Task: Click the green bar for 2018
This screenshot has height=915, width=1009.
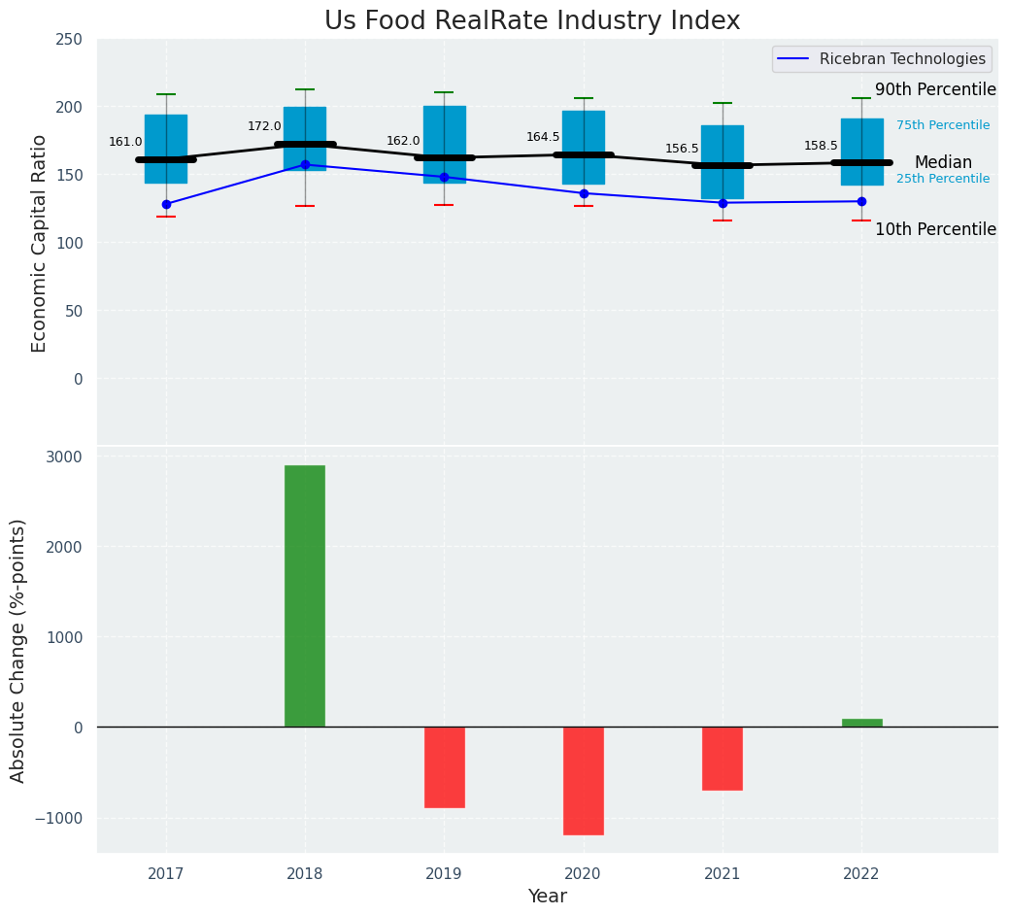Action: pos(305,595)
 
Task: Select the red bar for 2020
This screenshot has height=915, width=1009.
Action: pos(584,780)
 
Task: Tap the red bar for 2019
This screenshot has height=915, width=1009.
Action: pos(445,766)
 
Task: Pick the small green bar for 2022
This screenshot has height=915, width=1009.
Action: pos(862,723)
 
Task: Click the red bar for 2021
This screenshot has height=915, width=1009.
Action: pos(723,758)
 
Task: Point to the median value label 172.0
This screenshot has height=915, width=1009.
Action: pos(264,126)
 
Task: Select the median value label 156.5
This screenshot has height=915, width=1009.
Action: pos(682,149)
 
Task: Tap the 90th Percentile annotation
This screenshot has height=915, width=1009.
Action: pos(935,89)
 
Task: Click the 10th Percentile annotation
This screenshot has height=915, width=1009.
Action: pos(935,229)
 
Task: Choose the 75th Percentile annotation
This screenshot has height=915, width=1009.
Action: pos(943,125)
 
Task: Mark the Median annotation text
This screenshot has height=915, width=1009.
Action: pos(943,162)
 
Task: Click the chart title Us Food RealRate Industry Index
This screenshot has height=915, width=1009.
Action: pos(532,21)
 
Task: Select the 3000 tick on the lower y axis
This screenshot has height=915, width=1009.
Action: pos(65,457)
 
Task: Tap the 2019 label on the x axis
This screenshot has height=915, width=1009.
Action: pos(444,874)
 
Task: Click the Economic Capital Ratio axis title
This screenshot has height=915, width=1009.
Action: pos(40,243)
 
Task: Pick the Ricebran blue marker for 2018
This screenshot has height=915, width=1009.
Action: pos(305,165)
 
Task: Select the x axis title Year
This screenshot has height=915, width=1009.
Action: pos(548,897)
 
